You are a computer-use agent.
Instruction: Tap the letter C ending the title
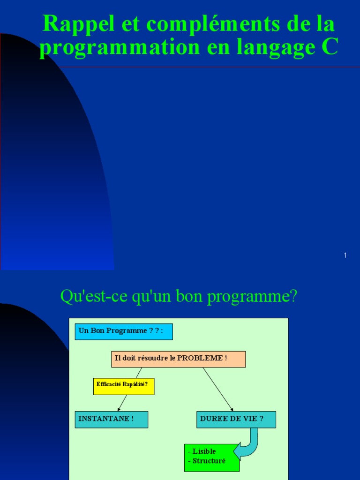click(330, 48)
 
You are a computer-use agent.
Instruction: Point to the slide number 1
click(345, 255)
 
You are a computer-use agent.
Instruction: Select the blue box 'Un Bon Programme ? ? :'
click(124, 331)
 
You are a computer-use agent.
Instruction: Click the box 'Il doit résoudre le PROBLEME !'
click(178, 359)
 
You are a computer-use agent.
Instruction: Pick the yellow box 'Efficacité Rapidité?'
click(124, 386)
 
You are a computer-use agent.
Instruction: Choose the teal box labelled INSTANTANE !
click(112, 420)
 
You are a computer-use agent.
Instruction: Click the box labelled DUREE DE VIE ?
click(236, 420)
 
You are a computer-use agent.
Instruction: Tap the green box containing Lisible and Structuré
click(212, 457)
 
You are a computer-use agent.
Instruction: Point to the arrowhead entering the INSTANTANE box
click(119, 409)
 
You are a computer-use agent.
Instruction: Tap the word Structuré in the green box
click(209, 461)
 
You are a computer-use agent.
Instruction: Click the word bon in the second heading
click(176, 297)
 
